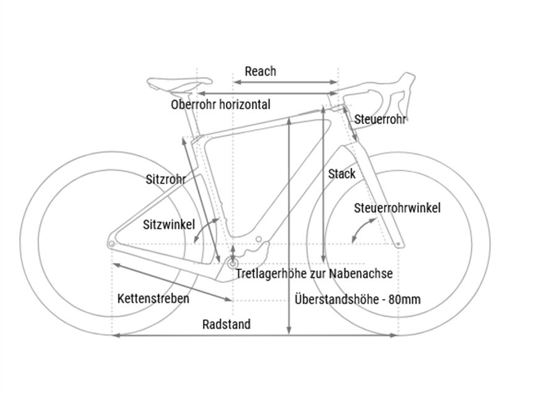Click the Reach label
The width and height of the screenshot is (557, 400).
tap(260, 71)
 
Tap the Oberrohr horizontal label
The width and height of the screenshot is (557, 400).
tap(220, 105)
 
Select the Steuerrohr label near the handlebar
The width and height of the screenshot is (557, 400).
tap(380, 120)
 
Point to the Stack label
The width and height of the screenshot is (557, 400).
tap(342, 174)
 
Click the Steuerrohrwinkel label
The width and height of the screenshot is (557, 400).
tap(397, 208)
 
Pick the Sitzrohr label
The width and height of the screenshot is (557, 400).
tap(165, 180)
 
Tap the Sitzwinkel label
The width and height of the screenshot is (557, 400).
tap(169, 224)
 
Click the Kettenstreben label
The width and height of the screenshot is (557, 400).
tap(153, 298)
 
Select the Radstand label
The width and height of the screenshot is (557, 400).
tap(227, 324)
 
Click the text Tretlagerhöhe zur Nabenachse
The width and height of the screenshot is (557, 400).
tap(313, 273)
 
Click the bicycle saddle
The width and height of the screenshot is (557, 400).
tap(178, 82)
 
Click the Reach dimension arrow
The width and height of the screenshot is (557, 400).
tap(285, 82)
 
